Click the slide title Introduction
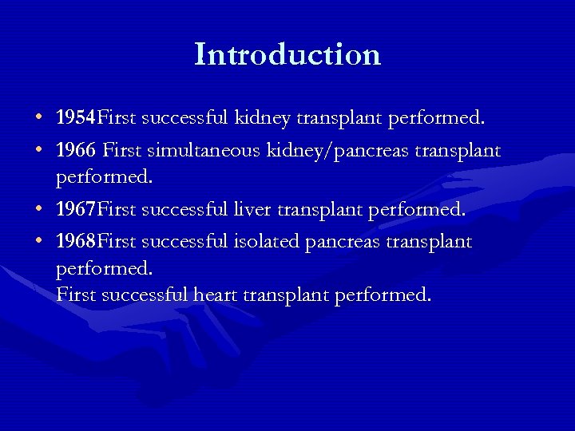[x=287, y=54]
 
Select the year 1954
[x=75, y=119]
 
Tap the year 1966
[x=75, y=151]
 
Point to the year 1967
[x=75, y=210]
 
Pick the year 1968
[x=75, y=241]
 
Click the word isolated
[x=267, y=241]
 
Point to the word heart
[x=215, y=295]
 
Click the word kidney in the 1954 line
[x=263, y=119]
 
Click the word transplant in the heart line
[x=286, y=295]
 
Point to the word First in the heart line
[x=76, y=295]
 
